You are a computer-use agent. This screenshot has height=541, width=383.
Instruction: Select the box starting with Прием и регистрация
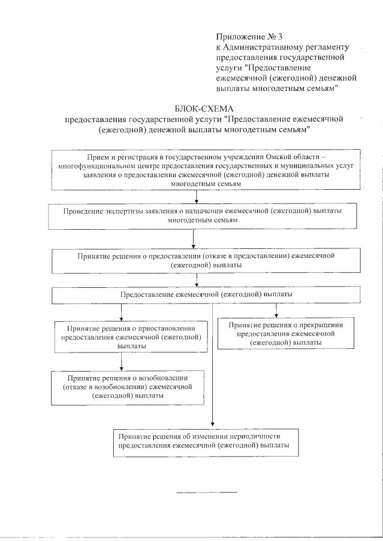click(197, 170)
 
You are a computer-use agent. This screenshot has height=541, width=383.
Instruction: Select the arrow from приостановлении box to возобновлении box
click(122, 361)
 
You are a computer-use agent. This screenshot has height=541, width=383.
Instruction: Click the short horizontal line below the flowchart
click(206, 492)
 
